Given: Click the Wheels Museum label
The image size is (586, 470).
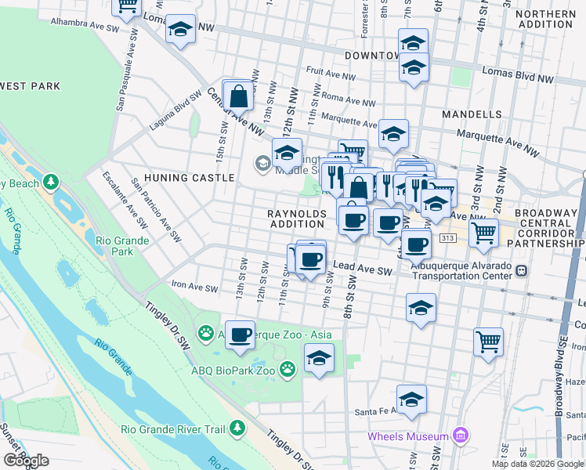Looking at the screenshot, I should [408, 436].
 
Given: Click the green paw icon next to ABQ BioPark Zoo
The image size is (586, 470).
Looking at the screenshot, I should [288, 366].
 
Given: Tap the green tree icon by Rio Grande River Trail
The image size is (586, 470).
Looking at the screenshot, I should [235, 428].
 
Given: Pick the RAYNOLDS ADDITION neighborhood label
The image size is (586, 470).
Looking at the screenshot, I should [296, 219].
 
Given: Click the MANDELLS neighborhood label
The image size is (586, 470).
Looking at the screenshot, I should [471, 114].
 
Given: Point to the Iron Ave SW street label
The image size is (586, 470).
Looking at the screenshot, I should [194, 288].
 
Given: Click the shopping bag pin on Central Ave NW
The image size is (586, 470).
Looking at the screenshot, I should [240, 97].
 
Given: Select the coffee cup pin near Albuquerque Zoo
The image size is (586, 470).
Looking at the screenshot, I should [241, 335].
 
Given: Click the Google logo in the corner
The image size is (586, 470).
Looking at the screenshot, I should [25, 461].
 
